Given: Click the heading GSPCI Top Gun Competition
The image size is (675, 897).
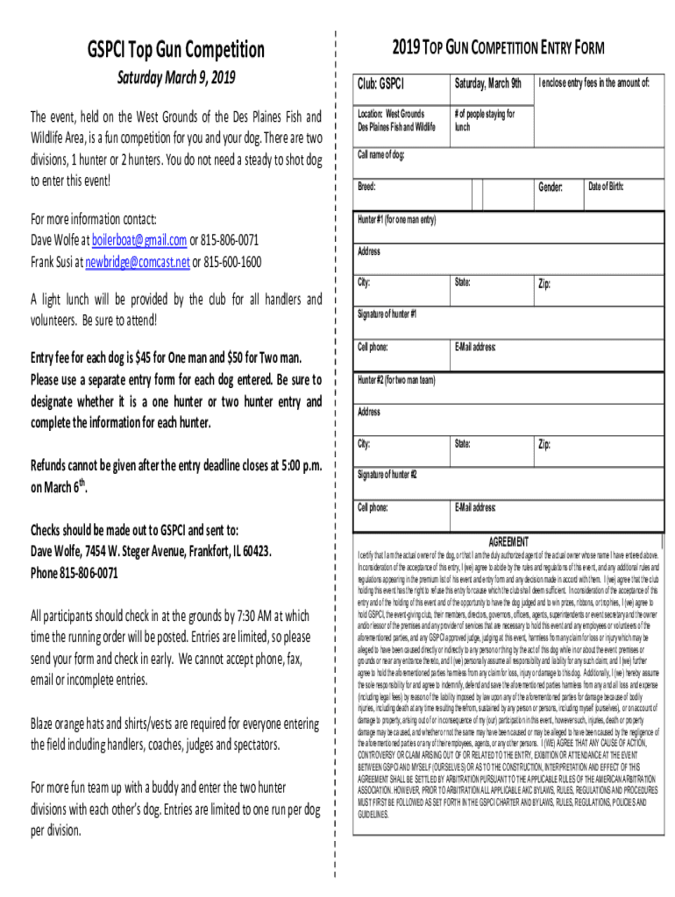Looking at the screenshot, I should pyautogui.click(x=175, y=50).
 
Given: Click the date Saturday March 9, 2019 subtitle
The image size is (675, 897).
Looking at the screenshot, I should pyautogui.click(x=176, y=79).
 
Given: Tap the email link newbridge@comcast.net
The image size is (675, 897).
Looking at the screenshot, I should pyautogui.click(x=137, y=261).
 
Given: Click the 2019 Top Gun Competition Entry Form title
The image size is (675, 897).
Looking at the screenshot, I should pyautogui.click(x=497, y=47).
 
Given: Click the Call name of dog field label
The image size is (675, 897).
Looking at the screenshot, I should pyautogui.click(x=380, y=155).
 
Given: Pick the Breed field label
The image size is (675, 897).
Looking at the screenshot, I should pyautogui.click(x=366, y=187).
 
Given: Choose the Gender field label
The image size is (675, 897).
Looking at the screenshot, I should pyautogui.click(x=550, y=187).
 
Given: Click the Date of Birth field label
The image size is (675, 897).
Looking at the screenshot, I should pyautogui.click(x=606, y=187).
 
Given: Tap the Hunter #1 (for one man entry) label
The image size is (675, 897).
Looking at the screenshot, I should pyautogui.click(x=397, y=219).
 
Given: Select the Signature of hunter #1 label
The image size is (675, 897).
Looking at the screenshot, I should pyautogui.click(x=387, y=314).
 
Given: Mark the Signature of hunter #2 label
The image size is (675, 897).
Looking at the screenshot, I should pyautogui.click(x=387, y=475).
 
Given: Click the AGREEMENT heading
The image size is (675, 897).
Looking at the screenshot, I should pyautogui.click(x=508, y=541).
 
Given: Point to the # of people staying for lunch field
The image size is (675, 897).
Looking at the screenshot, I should pyautogui.click(x=484, y=120).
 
